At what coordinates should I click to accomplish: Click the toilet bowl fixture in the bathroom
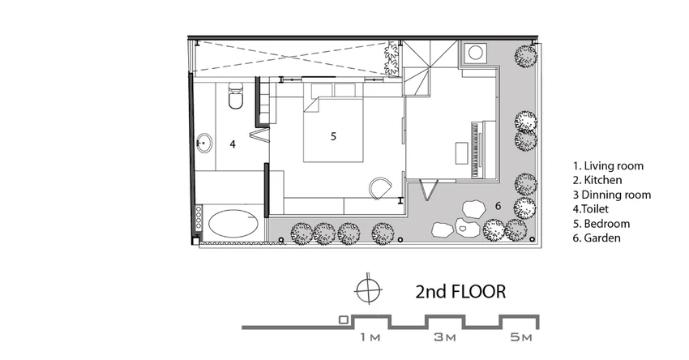pos(236,96)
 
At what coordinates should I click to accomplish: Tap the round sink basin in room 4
pos(204,143)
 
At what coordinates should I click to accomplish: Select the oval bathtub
pos(233,223)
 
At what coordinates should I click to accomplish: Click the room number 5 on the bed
pos(333,137)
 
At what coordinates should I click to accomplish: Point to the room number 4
pos(233,144)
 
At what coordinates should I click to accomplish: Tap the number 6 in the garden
pos(498,206)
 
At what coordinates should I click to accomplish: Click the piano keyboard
pos(474,149)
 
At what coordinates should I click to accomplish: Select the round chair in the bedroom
pos(380,188)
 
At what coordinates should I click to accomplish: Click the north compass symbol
pos(368,290)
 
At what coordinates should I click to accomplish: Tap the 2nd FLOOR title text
pos(460,291)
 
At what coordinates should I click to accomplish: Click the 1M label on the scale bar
pos(370,337)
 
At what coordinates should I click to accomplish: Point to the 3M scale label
pos(445,337)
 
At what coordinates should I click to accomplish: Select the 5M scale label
pos(521,337)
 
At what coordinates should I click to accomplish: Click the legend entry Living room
pos(608,165)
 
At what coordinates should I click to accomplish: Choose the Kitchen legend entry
pos(597,180)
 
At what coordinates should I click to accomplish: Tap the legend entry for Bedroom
pos(601,224)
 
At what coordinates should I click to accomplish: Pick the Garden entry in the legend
pos(597,238)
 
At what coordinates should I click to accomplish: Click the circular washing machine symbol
pos(475,53)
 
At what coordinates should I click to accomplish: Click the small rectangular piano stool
pos(461,152)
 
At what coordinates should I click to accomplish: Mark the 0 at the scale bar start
pos(344,320)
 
